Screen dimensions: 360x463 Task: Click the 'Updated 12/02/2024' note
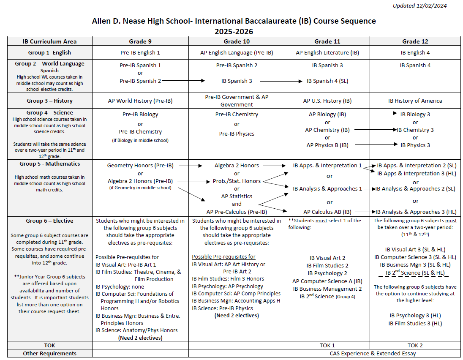(x=419, y=6)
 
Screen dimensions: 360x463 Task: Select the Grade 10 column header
(x=237, y=41)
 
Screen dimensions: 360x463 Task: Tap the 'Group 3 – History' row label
(x=49, y=101)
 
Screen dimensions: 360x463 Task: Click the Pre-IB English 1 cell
(x=140, y=53)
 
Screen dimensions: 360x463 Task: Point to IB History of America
(x=415, y=101)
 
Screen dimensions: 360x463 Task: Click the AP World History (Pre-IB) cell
(x=140, y=101)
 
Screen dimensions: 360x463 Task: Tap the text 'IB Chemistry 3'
(x=415, y=130)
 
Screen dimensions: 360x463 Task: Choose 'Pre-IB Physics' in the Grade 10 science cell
(x=237, y=134)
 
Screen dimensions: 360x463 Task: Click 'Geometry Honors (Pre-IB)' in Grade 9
(x=140, y=166)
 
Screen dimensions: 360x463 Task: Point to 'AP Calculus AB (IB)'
(x=327, y=212)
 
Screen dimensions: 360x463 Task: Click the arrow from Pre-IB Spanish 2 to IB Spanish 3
(x=183, y=80)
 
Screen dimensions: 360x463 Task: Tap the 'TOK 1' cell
(x=327, y=345)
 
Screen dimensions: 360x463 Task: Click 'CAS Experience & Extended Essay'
(x=373, y=353)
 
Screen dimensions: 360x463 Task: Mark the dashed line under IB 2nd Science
(x=415, y=277)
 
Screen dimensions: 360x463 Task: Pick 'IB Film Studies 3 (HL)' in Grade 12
(x=415, y=324)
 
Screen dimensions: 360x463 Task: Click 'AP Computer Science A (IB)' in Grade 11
(x=327, y=281)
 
